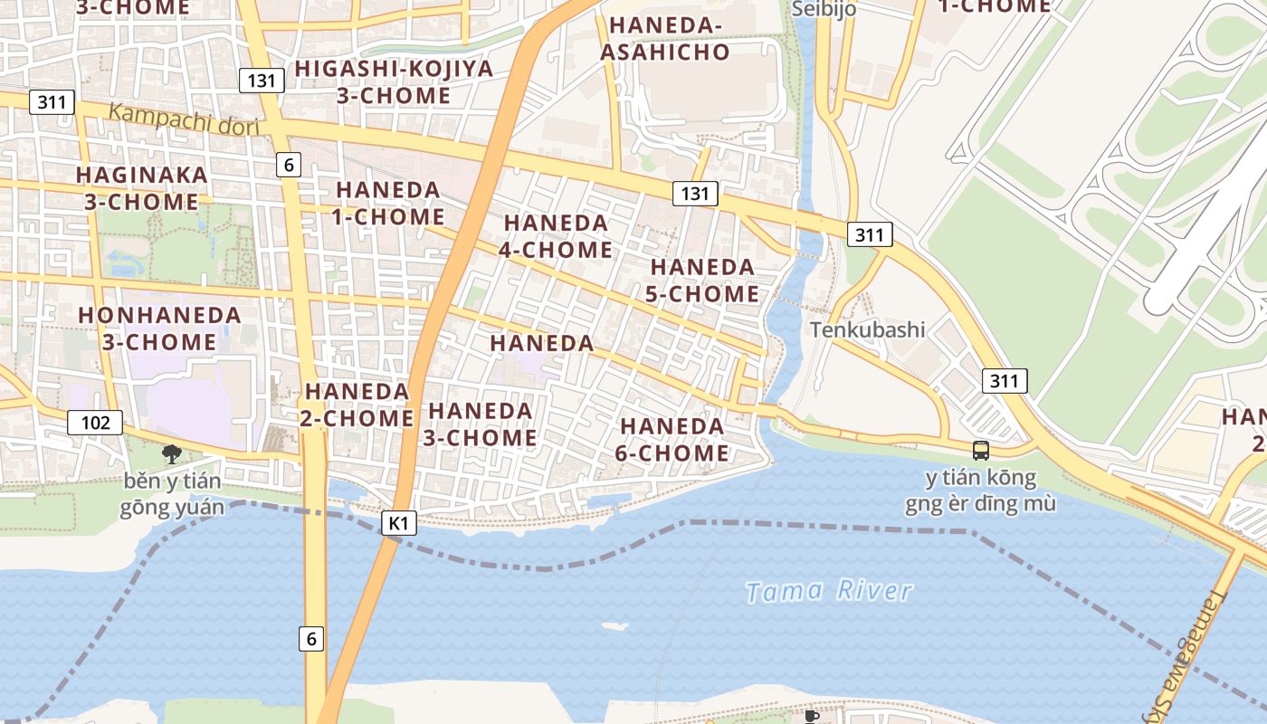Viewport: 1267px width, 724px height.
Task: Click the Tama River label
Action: [829, 592]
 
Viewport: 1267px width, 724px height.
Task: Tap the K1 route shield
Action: [399, 523]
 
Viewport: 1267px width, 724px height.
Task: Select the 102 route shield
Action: [95, 422]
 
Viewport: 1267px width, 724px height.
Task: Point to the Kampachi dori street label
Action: [184, 119]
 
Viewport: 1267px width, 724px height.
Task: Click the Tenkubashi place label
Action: [867, 329]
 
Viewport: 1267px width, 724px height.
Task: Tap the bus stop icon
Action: [980, 450]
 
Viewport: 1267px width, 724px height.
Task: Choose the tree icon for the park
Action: [171, 454]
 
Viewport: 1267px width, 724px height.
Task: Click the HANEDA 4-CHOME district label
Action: [556, 235]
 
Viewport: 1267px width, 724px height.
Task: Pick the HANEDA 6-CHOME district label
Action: [672, 439]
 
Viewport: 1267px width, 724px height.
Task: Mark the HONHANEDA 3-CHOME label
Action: [159, 329]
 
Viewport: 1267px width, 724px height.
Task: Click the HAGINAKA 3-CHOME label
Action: [141, 188]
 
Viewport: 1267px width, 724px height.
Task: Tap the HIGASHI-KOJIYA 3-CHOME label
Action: [394, 81]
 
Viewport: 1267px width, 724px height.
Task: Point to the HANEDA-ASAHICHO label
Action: [664, 39]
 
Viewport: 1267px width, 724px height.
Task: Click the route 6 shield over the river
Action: [311, 639]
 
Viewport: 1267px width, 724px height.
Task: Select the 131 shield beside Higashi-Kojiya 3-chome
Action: [262, 81]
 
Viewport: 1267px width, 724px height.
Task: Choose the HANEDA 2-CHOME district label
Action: [358, 405]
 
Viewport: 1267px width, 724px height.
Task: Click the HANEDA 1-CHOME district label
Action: [389, 204]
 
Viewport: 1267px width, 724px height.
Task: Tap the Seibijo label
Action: [823, 9]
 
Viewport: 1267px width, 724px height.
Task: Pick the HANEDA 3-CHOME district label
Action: [481, 424]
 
